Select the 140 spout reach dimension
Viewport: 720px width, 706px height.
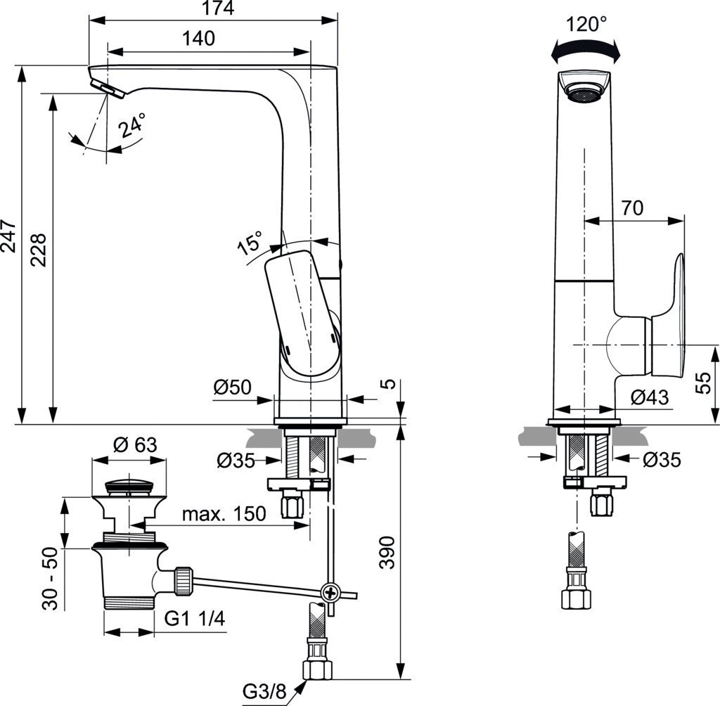click(x=199, y=39)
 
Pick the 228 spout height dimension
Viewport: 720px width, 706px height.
click(x=39, y=250)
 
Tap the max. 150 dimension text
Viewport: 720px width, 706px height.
click(x=224, y=514)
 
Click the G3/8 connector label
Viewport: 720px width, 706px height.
click(x=264, y=692)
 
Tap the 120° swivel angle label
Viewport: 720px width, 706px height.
click(x=586, y=24)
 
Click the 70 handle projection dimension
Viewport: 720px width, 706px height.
click(x=633, y=207)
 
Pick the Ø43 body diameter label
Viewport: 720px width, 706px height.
click(x=649, y=397)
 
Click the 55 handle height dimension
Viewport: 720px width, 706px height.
click(x=704, y=384)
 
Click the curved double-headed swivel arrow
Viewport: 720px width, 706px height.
click(x=586, y=51)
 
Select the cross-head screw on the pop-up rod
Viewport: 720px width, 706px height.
click(x=330, y=592)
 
